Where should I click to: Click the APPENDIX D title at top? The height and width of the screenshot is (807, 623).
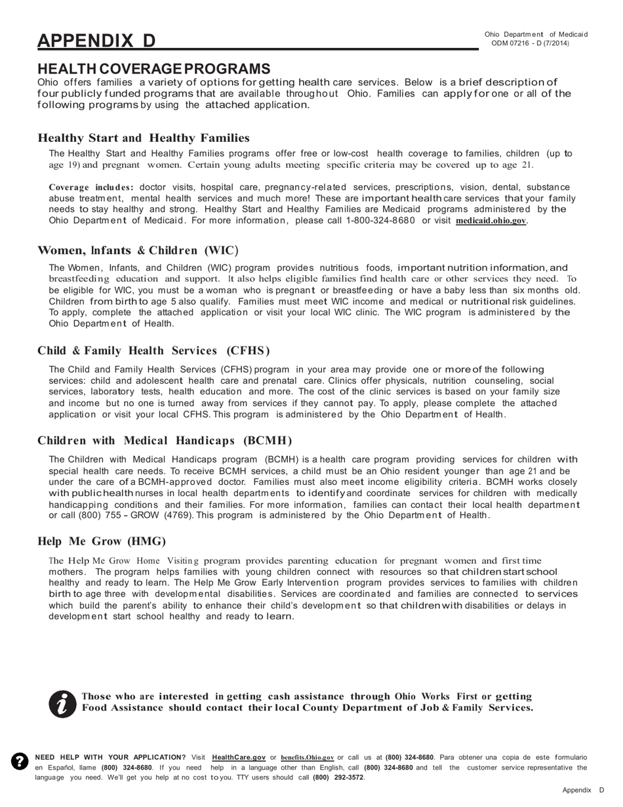click(96, 41)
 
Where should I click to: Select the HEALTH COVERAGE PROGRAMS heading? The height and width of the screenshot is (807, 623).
click(153, 69)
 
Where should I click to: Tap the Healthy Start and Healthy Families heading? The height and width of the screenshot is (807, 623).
click(144, 138)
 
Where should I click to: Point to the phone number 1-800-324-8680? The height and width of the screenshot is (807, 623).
click(380, 220)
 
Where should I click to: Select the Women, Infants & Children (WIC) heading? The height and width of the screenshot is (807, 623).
click(138, 250)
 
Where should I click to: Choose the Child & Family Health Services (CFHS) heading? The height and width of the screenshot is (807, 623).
click(153, 350)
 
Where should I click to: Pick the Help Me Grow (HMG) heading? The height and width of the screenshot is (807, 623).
click(102, 541)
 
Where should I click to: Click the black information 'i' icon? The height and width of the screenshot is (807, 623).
click(63, 704)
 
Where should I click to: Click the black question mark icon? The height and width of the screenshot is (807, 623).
click(20, 761)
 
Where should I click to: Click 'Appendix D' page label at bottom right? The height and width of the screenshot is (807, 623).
click(583, 790)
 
